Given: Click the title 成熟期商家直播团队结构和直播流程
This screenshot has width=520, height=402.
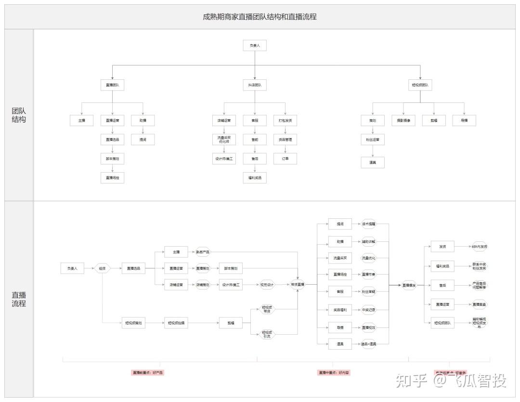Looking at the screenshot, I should point(260,16).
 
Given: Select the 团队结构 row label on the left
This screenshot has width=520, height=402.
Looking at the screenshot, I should point(19,115).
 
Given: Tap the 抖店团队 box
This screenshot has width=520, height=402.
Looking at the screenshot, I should point(255,85).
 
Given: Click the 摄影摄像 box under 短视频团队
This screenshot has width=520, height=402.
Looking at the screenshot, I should point(403,120).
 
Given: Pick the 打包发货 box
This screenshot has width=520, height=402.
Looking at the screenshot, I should point(285,120).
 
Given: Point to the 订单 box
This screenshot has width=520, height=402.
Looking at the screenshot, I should point(285,158).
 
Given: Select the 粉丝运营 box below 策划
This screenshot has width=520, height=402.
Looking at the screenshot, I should point(373,140).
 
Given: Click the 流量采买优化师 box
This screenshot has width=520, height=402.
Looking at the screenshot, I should point(224,140).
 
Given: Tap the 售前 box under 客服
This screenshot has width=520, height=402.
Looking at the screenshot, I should point(255,140).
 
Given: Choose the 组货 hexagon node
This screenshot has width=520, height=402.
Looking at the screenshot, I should point(102,268).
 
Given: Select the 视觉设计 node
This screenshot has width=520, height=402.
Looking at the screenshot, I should point(267,285).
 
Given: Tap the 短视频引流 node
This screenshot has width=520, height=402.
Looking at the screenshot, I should point(267,334).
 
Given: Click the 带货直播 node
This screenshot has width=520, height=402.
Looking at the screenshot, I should point(298,285).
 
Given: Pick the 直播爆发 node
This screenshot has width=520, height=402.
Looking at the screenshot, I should point(409,285).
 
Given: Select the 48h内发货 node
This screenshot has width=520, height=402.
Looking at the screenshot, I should point(479,246).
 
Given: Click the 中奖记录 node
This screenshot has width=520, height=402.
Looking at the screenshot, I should point(368,310).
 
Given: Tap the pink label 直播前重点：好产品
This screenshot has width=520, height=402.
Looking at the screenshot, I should point(148,372).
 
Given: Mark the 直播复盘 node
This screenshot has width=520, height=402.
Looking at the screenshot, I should point(479,304).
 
